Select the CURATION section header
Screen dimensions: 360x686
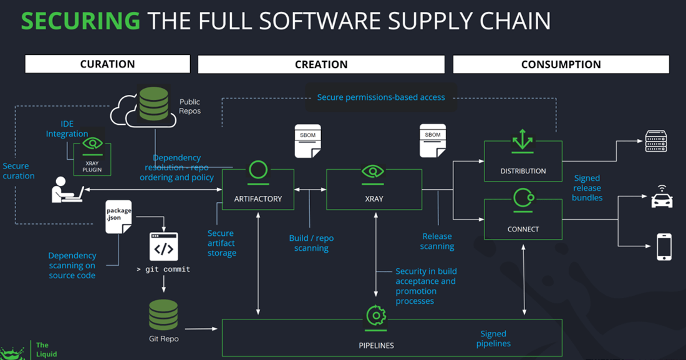click(107, 64)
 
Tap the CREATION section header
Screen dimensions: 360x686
click(321, 64)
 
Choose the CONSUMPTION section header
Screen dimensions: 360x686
click(561, 64)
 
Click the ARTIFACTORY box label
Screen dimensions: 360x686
click(258, 199)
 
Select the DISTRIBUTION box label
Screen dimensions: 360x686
click(523, 171)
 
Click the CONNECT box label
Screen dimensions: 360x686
click(523, 229)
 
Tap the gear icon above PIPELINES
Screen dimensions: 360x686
click(375, 316)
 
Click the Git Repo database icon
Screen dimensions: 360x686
click(163, 315)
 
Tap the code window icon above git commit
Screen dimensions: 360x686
click(163, 247)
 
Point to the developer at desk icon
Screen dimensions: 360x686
click(67, 190)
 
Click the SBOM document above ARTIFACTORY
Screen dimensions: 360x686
click(307, 140)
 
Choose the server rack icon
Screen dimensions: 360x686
click(655, 141)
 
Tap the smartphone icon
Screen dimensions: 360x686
click(664, 247)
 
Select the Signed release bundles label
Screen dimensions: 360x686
click(587, 188)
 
